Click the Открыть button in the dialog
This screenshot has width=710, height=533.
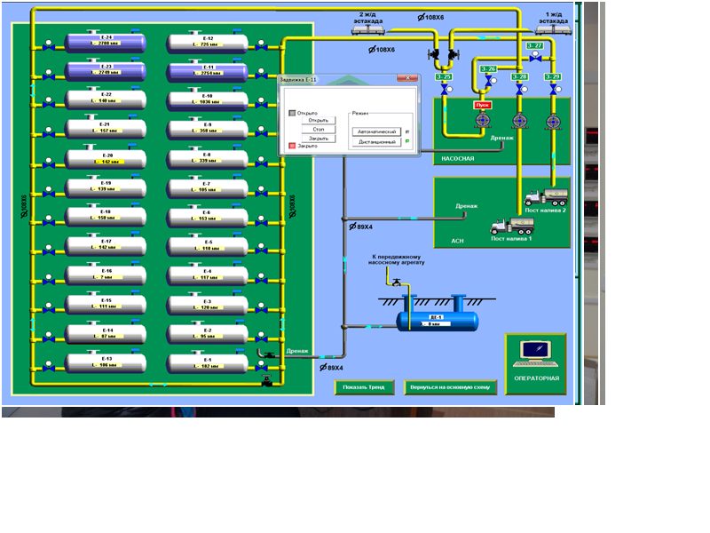point(319,120)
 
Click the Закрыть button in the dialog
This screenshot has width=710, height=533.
point(319,139)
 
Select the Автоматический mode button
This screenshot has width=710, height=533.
point(377,131)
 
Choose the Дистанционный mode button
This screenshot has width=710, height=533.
point(377,141)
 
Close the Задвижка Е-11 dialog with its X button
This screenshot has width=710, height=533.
point(408,78)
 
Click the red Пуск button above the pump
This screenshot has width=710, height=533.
point(483,104)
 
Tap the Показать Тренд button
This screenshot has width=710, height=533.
point(364,387)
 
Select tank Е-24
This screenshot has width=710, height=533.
point(106,42)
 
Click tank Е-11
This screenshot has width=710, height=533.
point(207,71)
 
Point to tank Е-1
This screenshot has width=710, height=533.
point(207,362)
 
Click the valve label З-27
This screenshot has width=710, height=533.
point(534,45)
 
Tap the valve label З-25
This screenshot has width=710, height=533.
point(444,77)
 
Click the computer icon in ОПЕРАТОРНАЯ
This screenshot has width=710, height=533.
point(537,353)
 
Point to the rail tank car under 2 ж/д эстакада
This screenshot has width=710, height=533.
point(369,28)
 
